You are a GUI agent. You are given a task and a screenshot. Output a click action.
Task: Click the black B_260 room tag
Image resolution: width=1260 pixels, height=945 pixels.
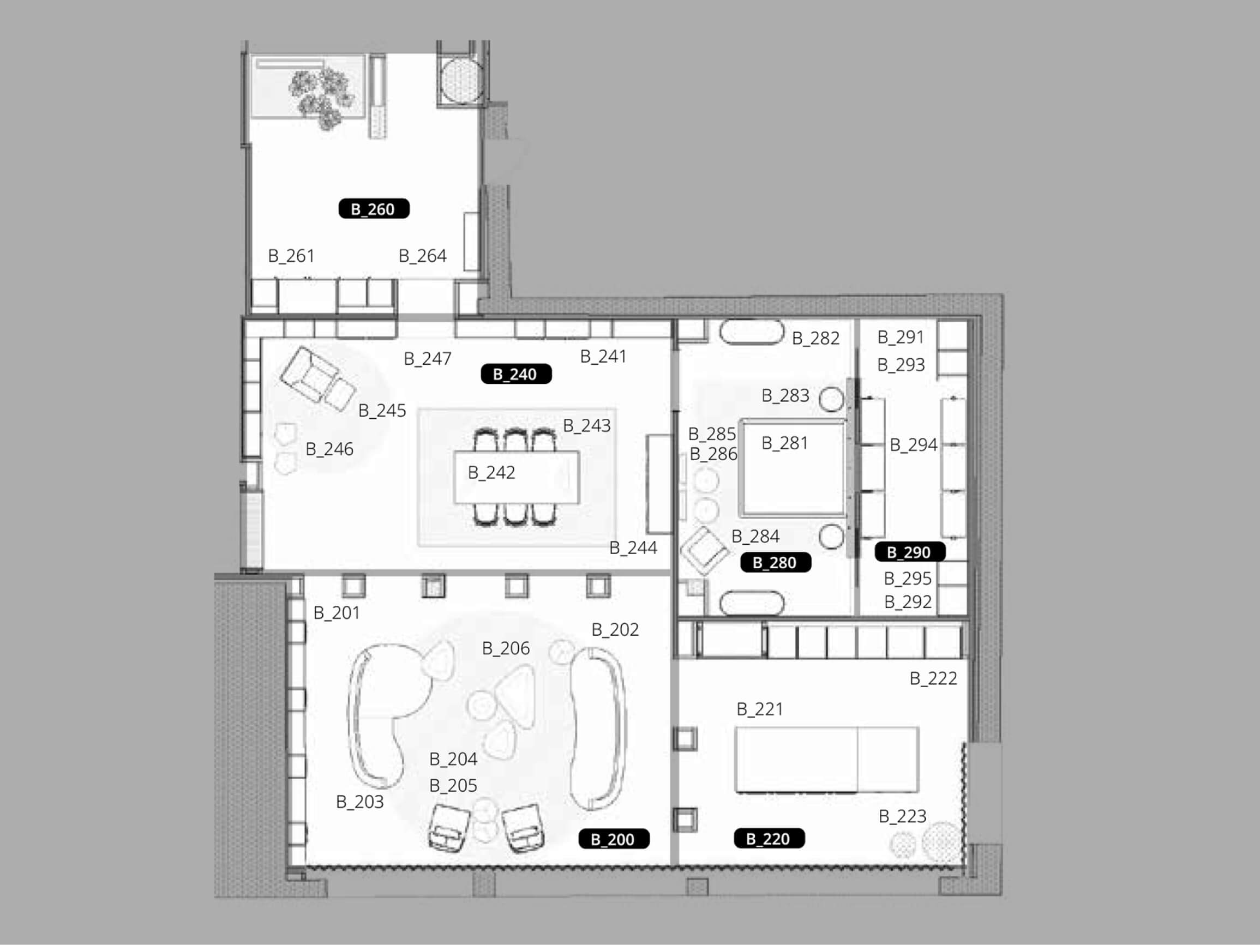click(x=374, y=209)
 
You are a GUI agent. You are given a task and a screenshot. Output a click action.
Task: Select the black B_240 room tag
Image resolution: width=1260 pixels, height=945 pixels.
click(x=515, y=374)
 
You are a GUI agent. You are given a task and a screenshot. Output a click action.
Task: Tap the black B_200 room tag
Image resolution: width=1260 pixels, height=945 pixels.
click(x=613, y=839)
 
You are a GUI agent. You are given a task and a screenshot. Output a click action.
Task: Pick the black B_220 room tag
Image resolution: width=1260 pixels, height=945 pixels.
click(x=769, y=839)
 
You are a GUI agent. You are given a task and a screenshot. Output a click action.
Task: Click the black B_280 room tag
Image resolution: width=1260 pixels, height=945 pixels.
click(x=775, y=562)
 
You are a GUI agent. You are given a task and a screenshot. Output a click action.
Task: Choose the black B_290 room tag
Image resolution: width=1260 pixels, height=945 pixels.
click(x=909, y=552)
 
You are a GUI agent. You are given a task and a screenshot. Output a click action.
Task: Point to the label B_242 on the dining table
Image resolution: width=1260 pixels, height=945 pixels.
click(x=491, y=473)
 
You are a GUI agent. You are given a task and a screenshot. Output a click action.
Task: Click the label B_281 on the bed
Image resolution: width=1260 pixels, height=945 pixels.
click(x=785, y=443)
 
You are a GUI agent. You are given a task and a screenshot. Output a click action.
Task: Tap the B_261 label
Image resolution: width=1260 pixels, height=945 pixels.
click(x=291, y=256)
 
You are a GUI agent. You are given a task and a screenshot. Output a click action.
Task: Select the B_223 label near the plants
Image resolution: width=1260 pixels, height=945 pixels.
click(x=902, y=816)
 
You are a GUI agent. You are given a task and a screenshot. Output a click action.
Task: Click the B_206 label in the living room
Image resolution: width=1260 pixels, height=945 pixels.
click(x=505, y=648)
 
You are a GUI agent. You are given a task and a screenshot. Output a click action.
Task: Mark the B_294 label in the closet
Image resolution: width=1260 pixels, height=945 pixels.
click(x=913, y=444)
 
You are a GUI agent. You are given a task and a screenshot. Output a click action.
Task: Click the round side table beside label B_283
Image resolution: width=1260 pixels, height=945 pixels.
click(x=831, y=399)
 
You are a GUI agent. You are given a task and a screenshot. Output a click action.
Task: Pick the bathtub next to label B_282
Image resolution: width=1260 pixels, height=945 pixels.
click(x=751, y=332)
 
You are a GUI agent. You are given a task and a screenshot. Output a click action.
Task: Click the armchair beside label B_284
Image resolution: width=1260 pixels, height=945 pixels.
click(x=704, y=550)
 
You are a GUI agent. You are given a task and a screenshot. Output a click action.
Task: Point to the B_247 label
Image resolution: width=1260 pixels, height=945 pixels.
click(x=427, y=359)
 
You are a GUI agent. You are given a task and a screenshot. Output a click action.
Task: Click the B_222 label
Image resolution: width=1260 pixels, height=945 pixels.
click(x=933, y=678)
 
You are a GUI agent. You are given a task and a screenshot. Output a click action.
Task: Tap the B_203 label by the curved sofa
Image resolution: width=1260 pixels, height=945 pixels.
click(x=359, y=802)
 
